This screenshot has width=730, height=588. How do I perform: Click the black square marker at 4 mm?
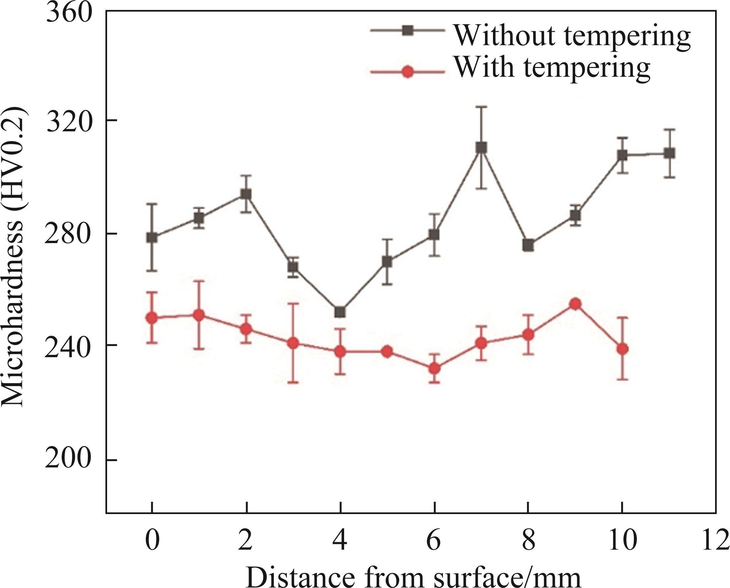[340, 312]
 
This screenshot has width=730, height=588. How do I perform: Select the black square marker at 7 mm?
[481, 148]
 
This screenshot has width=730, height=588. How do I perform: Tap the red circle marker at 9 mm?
[575, 304]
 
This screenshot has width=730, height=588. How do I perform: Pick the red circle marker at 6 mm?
[435, 368]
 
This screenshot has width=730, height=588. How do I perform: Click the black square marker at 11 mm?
[669, 154]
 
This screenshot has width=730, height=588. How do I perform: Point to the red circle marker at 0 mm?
[152, 318]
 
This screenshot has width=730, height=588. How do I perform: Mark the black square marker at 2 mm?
[246, 194]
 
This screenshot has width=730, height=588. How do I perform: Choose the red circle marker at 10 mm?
[622, 349]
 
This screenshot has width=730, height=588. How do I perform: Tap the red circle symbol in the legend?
[408, 72]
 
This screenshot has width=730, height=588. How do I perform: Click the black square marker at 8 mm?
[528, 245]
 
